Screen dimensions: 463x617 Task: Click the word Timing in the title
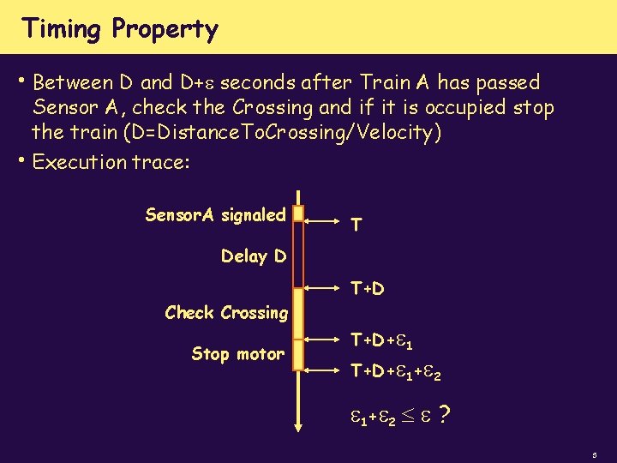[x=61, y=29]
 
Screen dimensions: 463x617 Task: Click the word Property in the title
[x=165, y=31]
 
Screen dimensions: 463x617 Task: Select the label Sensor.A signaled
[x=215, y=215]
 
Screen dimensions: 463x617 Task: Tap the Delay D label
[x=254, y=256]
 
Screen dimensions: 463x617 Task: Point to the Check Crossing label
[x=226, y=313]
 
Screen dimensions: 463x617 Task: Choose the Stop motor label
[x=237, y=353]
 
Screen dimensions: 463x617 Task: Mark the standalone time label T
[x=356, y=225]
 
